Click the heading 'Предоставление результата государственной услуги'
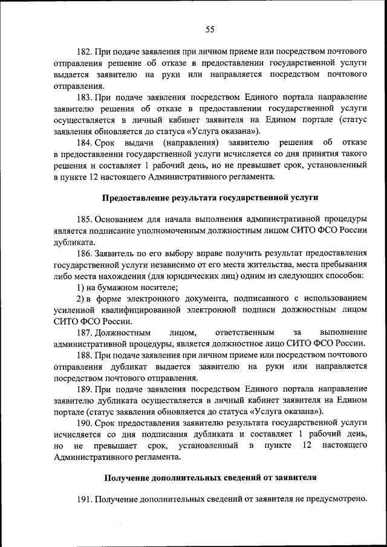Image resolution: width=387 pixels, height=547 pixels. (210, 198)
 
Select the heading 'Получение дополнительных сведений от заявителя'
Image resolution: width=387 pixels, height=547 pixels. (210, 478)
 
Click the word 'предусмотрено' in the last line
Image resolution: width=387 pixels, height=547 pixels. (337, 499)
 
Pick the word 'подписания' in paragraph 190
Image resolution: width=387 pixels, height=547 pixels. (139, 438)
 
